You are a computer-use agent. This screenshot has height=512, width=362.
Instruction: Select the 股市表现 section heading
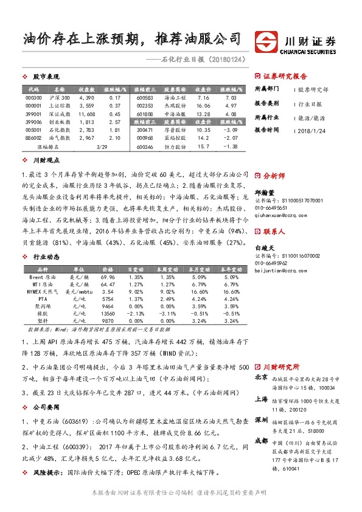pos(46,77)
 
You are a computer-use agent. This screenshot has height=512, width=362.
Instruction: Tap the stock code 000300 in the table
pos(33,97)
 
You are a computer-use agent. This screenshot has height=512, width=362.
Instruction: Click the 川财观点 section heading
pos(46,161)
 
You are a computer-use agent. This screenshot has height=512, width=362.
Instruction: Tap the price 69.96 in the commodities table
pos(108,277)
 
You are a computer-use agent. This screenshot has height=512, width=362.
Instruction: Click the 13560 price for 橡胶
pos(108,314)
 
